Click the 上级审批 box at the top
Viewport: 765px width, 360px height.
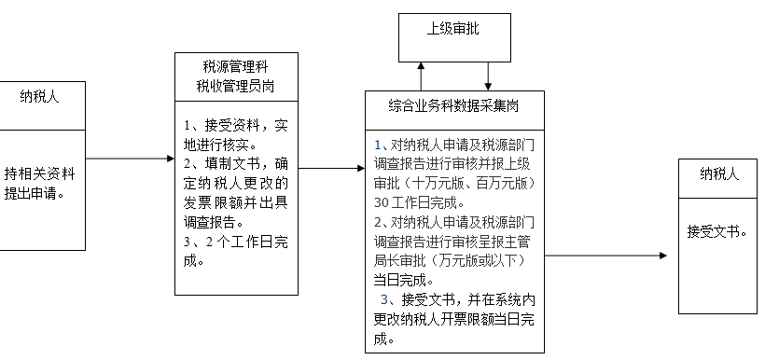click(x=453, y=29)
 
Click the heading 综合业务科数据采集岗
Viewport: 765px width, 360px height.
click(x=454, y=105)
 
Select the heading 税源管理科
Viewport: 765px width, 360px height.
click(x=235, y=66)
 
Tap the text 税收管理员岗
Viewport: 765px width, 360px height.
click(x=235, y=87)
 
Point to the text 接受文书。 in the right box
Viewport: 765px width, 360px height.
click(x=717, y=231)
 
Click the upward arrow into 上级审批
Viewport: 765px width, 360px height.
click(x=422, y=76)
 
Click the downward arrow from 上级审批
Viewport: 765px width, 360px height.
click(x=488, y=76)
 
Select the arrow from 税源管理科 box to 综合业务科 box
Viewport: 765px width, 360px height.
click(x=332, y=169)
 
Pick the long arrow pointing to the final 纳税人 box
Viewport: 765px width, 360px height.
click(x=606, y=256)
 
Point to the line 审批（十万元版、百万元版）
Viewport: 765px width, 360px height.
click(x=453, y=183)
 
